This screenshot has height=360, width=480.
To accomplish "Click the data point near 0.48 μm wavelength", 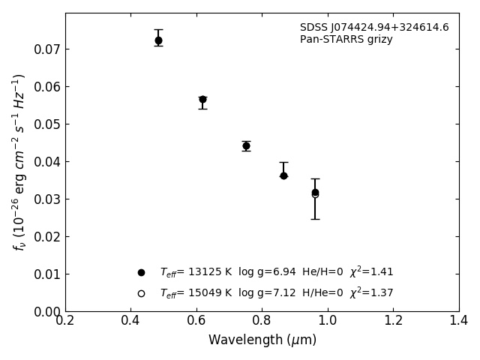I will [x=158, y=40].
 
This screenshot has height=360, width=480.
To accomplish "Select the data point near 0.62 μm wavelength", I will [x=202, y=99].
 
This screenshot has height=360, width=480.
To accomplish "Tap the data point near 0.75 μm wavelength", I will [x=246, y=145].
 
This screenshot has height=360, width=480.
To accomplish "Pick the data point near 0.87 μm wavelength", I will [x=283, y=175].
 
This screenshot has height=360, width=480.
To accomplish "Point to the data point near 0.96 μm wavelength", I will [x=315, y=193].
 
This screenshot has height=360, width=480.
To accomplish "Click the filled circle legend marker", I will [x=141, y=272].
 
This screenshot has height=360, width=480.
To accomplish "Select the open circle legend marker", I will [x=141, y=293].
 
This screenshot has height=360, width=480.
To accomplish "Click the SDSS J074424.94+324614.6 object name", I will [x=374, y=28].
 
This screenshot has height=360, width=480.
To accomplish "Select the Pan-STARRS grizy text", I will [x=346, y=40].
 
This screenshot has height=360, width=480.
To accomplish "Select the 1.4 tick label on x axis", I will [x=459, y=321].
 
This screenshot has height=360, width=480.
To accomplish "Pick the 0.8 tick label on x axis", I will [x=262, y=321].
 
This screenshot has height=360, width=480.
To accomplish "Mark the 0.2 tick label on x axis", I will [x=65, y=321].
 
